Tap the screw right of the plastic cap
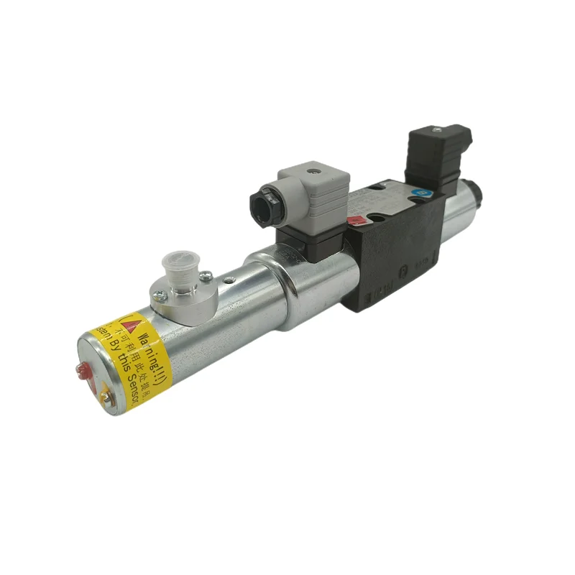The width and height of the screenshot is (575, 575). tap(206, 273)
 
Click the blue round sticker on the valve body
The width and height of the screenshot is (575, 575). tap(421, 192)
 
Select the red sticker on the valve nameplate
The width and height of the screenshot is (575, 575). tap(354, 221)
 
